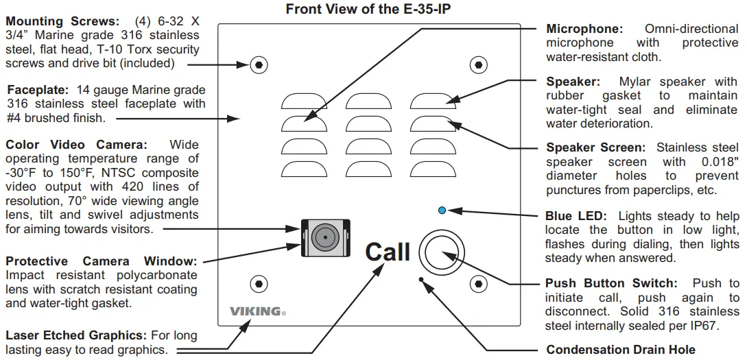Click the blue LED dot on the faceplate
coord(442,210)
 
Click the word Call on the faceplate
coord(387,252)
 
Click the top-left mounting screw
coord(258,65)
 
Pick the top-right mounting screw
coord(478,65)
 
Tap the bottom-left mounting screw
coord(258,283)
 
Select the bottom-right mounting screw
coord(478,283)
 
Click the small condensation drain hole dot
coord(421,278)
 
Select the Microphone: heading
coord(584,29)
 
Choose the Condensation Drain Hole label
coord(620,350)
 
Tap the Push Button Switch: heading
coord(610,283)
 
